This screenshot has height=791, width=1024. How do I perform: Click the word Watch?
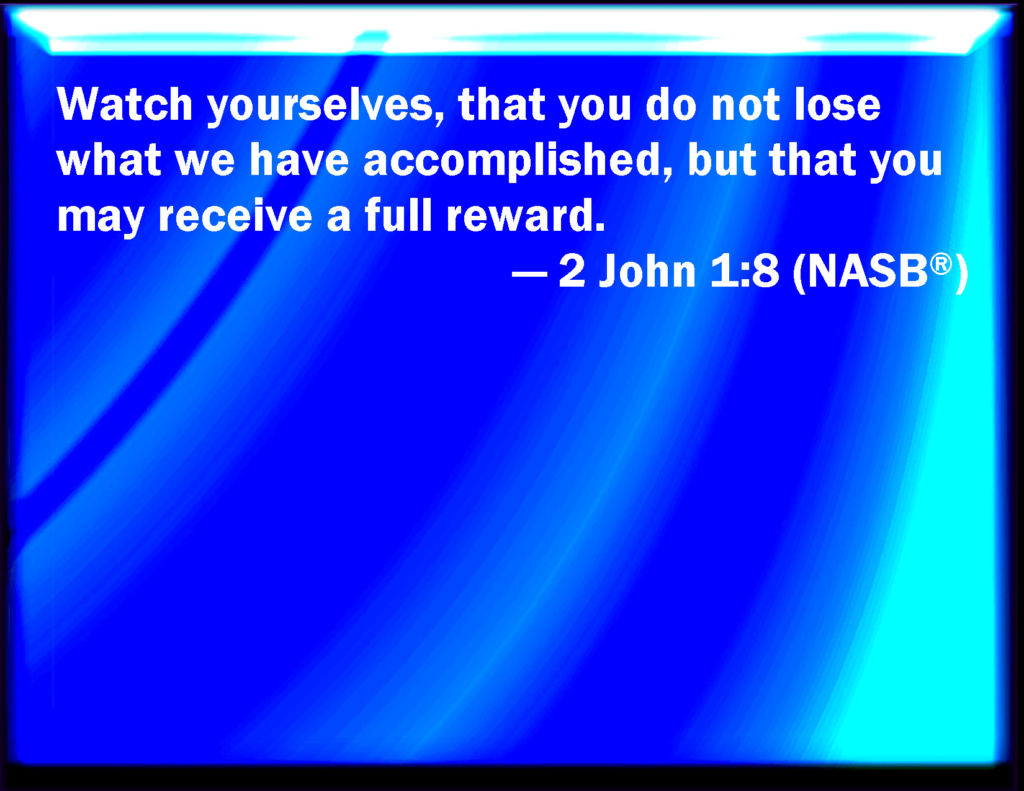(x=125, y=104)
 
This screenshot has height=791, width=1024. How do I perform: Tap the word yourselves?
(x=326, y=107)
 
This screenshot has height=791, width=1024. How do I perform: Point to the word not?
(x=745, y=105)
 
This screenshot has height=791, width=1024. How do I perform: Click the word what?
(x=109, y=159)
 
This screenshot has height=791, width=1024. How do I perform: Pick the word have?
(x=299, y=159)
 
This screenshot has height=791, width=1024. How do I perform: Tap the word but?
(x=721, y=159)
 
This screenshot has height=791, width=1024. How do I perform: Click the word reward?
(x=521, y=215)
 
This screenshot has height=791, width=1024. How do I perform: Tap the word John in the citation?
(x=647, y=271)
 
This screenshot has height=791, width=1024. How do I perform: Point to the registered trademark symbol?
(x=941, y=263)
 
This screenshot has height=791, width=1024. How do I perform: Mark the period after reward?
(x=600, y=228)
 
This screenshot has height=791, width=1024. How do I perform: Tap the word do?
(x=671, y=104)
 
